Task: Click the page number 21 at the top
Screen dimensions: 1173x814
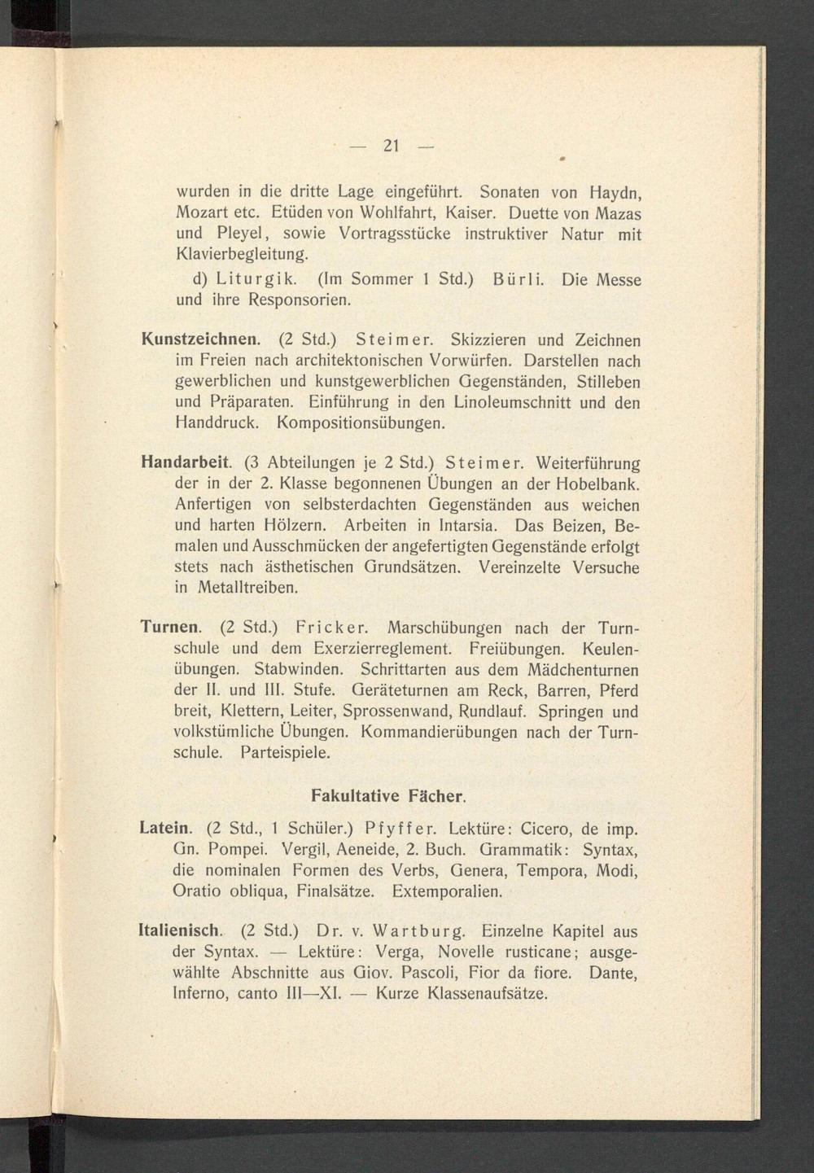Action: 391,147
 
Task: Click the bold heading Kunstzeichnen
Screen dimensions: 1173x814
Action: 201,339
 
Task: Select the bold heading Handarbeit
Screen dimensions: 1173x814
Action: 186,462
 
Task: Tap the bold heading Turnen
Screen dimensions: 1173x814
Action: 170,628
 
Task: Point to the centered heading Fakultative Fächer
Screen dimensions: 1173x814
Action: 388,794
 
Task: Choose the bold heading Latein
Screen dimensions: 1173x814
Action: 166,829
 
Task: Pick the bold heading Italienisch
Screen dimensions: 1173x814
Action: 180,931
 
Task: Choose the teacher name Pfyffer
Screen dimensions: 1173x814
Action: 401,829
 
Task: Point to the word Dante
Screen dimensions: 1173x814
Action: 612,973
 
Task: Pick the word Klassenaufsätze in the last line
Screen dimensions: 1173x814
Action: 488,994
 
